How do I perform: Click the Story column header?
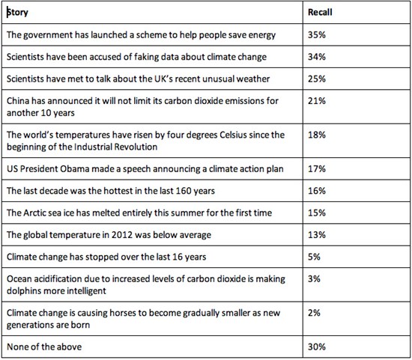(17, 12)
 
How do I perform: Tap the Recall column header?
(320, 12)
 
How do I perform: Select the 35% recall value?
(317, 34)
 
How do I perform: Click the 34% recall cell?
(317, 57)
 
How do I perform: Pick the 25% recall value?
(317, 79)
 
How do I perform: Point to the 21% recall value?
(317, 101)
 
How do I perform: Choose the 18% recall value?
(317, 135)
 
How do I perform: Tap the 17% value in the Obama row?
(317, 168)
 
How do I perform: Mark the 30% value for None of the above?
(317, 347)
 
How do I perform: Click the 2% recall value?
(314, 313)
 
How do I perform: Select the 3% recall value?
(314, 278)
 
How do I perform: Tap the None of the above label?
(44, 347)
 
